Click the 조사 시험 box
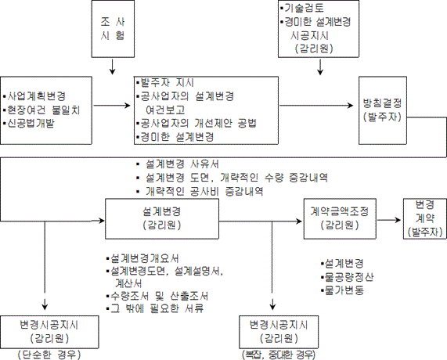pyautogui.click(x=113, y=28)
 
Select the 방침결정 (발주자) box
pyautogui.click(x=383, y=110)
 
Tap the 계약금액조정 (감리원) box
pyautogui.click(x=340, y=218)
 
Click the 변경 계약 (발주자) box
pyautogui.click(x=425, y=218)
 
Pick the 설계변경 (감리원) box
pyautogui.click(x=162, y=218)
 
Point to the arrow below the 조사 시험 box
pyautogui.click(x=113, y=67)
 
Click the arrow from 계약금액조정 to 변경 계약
pyautogui.click(x=389, y=220)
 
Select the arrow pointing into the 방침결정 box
pyautogui.click(x=316, y=106)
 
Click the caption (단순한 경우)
pyautogui.click(x=49, y=355)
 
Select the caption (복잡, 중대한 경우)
pyautogui.click(x=279, y=355)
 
